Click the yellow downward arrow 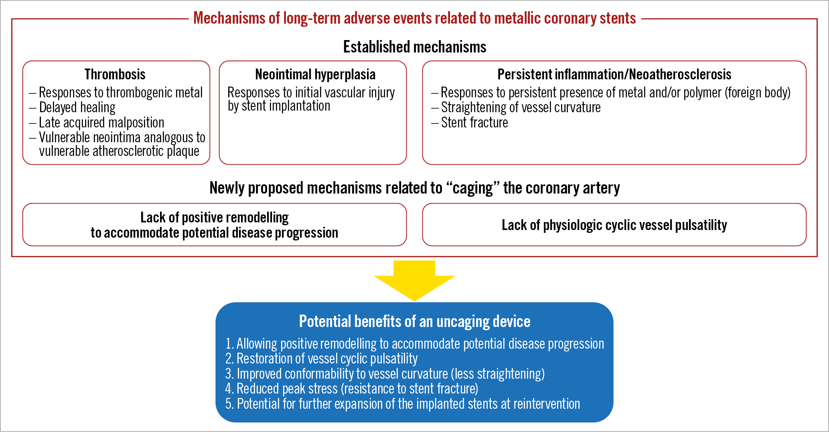pos(414,281)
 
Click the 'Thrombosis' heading pos(115,75)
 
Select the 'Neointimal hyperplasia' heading pos(315,75)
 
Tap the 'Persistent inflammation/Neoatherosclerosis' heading pos(614,75)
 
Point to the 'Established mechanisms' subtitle pos(414,47)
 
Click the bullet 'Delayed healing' pos(77,107)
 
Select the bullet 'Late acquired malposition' pos(101,123)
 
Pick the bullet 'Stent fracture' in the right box pos(474,123)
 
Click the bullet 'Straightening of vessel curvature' pos(521,107)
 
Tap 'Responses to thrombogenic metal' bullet pos(120,93)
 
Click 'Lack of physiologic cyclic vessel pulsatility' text pos(614,225)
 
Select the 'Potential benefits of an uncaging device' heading pos(414,321)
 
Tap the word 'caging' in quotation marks pos(473,188)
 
